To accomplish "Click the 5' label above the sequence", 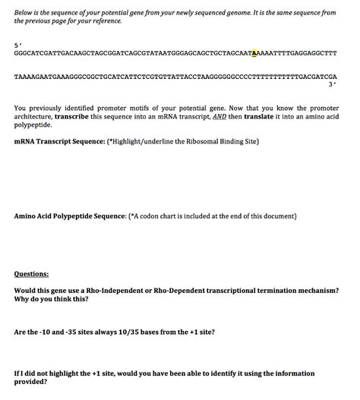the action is (17, 44).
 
